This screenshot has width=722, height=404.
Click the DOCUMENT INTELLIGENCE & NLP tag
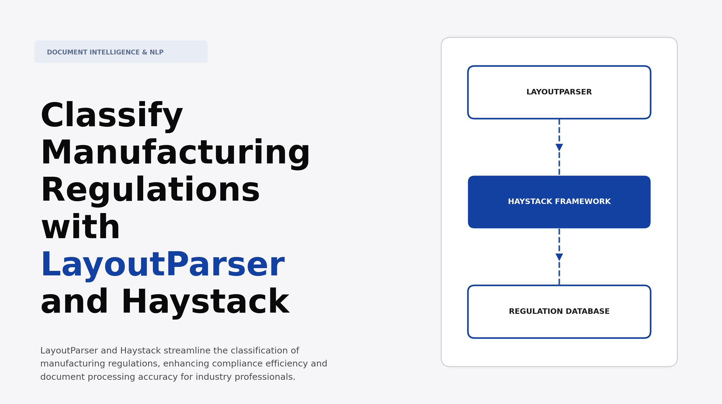click(x=121, y=52)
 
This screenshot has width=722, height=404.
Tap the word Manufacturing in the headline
click(x=175, y=153)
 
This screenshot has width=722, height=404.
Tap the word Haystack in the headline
click(x=205, y=302)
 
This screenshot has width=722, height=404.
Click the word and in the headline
click(x=74, y=302)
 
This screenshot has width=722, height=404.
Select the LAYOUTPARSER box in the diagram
click(x=559, y=92)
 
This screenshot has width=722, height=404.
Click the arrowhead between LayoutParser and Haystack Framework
click(x=559, y=147)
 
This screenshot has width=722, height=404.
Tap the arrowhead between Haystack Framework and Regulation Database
click(x=559, y=257)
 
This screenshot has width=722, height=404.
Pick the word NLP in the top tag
click(x=157, y=52)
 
